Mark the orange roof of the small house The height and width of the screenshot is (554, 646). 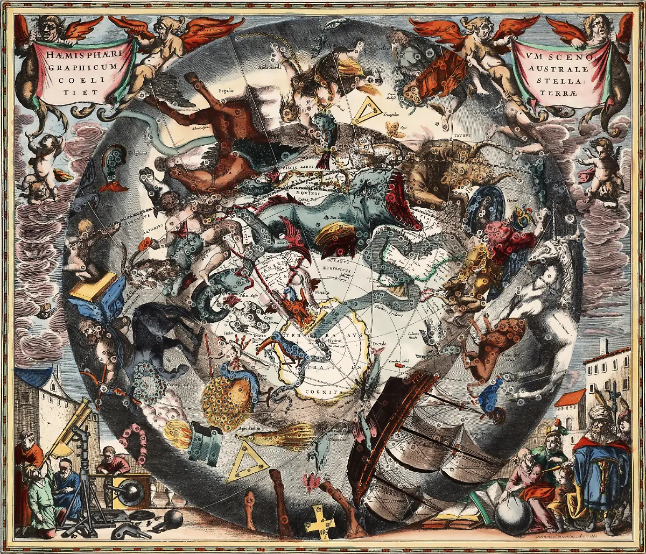(571, 398)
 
